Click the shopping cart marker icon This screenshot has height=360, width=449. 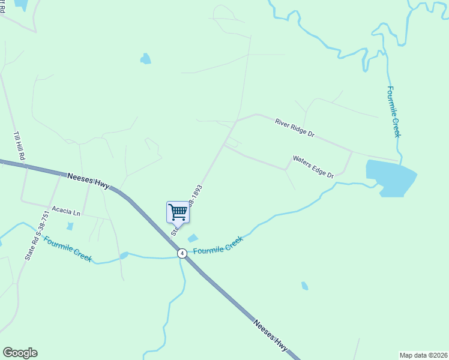(x=177, y=212)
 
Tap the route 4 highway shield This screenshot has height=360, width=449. (x=182, y=254)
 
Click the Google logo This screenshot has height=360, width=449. (x=20, y=353)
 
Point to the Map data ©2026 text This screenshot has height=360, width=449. (x=423, y=355)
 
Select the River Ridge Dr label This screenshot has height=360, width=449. (x=295, y=128)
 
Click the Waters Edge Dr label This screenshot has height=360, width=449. (x=313, y=167)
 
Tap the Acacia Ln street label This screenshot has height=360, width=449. (x=65, y=211)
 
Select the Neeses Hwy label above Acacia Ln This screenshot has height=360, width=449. (x=88, y=181)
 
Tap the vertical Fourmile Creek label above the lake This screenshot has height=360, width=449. (x=393, y=112)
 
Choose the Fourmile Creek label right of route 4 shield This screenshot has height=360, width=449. (x=218, y=245)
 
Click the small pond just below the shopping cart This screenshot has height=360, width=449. (x=193, y=238)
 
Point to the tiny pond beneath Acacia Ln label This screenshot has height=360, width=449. (x=70, y=226)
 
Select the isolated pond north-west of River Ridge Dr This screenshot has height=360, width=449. (x=145, y=58)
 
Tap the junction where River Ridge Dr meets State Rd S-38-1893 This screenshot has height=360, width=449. (x=238, y=120)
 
